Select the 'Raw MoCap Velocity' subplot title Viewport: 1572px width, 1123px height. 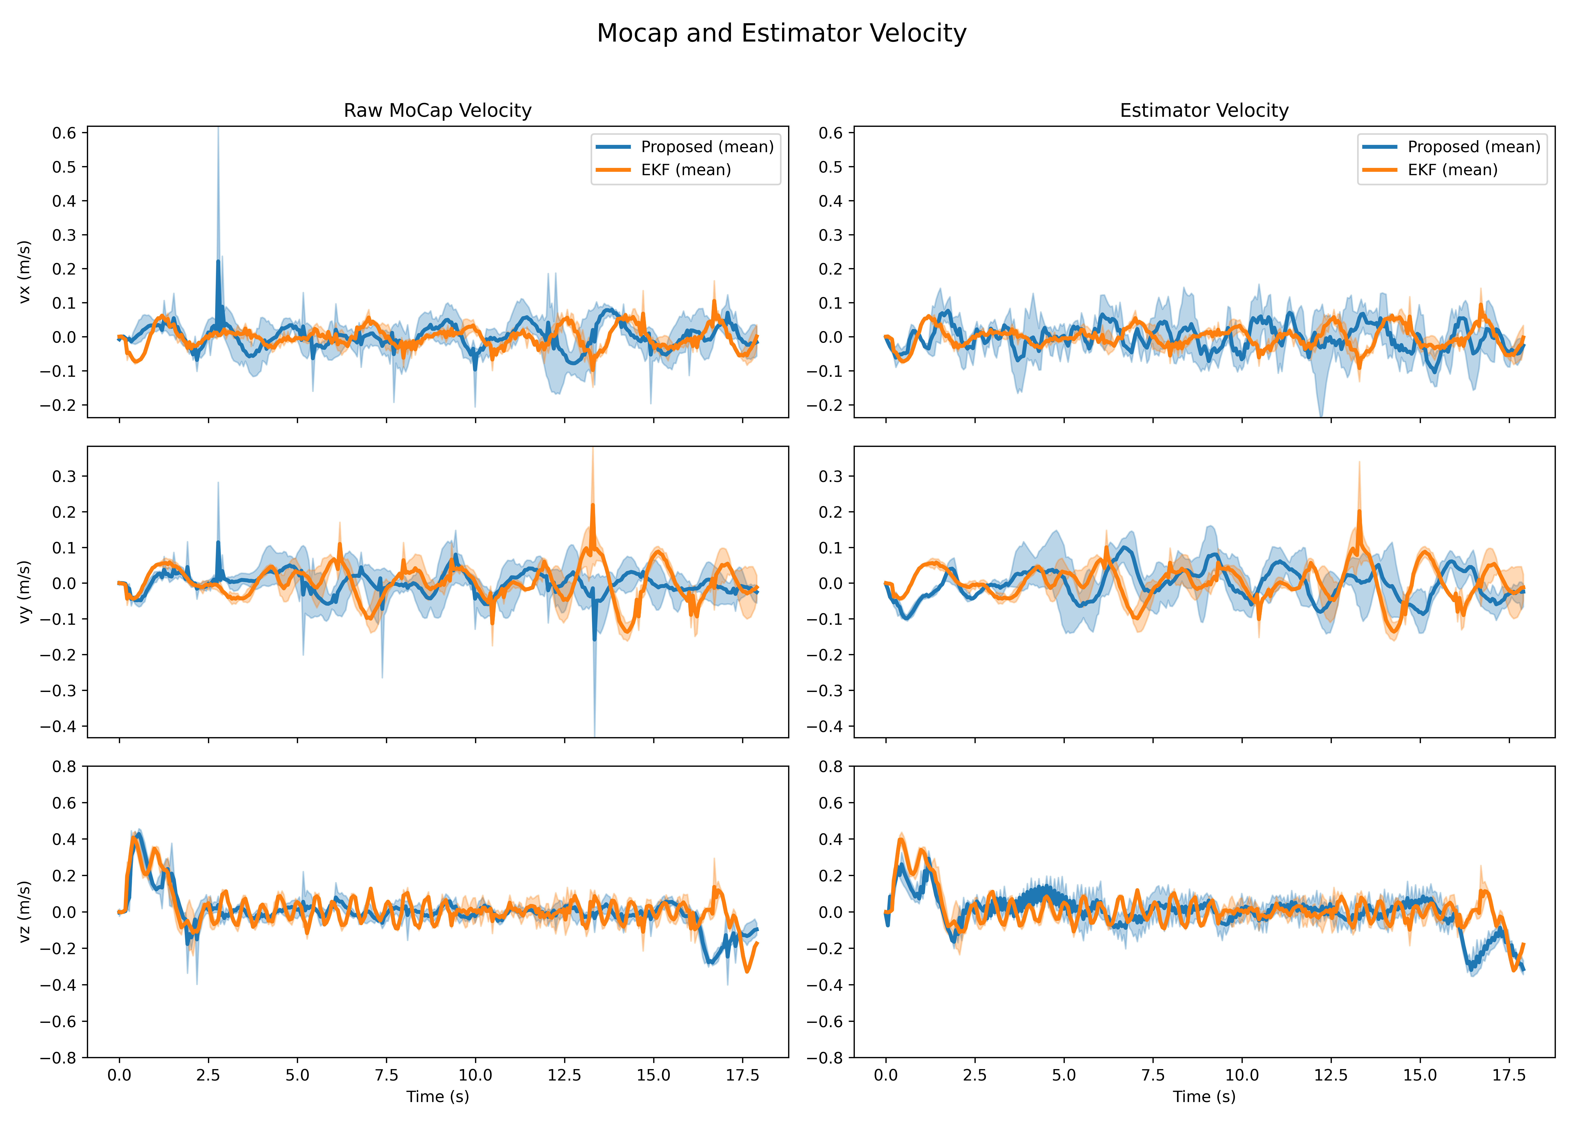[x=438, y=111]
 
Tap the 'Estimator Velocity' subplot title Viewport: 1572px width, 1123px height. [x=1204, y=111]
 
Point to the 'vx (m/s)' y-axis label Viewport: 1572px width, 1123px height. [x=25, y=272]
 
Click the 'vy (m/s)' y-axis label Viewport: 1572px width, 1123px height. [x=25, y=592]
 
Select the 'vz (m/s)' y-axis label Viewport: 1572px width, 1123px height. [x=25, y=911]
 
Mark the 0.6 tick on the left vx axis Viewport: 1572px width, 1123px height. [x=64, y=133]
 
